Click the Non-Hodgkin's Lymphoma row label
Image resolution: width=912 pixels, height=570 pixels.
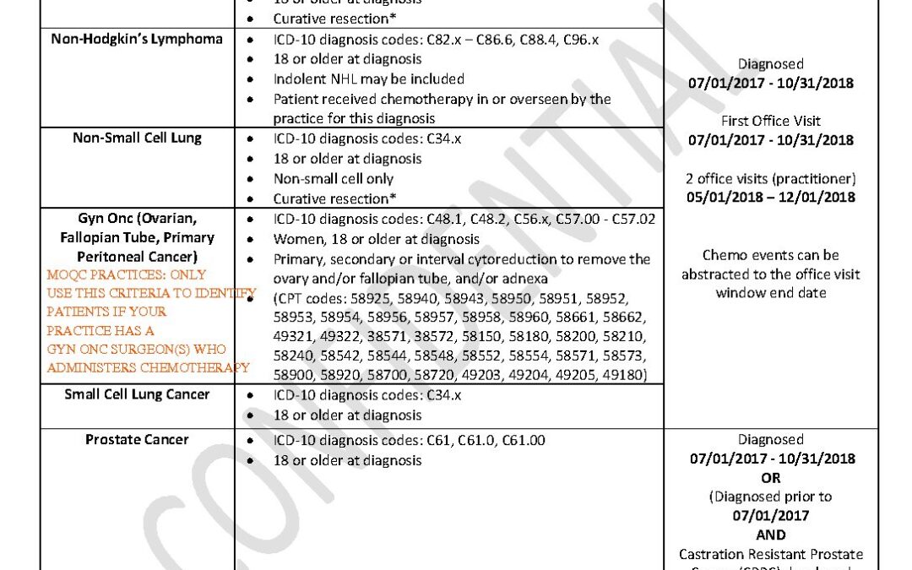pyautogui.click(x=137, y=39)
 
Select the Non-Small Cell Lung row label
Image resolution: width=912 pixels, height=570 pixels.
pyautogui.click(x=137, y=138)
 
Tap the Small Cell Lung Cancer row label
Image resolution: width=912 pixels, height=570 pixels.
pyautogui.click(x=137, y=394)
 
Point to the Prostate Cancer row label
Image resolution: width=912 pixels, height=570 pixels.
pyautogui.click(x=137, y=439)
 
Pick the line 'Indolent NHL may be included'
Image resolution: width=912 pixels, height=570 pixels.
pyautogui.click(x=368, y=79)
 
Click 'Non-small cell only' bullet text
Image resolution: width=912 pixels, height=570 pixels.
pyautogui.click(x=333, y=179)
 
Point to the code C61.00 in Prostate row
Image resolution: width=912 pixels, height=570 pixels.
pyautogui.click(x=522, y=440)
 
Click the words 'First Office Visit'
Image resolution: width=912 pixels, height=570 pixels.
pyautogui.click(x=770, y=121)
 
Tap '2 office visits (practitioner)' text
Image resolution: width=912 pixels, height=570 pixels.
pyautogui.click(x=770, y=178)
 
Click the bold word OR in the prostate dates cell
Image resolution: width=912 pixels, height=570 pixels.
pyautogui.click(x=770, y=478)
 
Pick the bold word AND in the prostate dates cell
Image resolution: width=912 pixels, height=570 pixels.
pyautogui.click(x=770, y=535)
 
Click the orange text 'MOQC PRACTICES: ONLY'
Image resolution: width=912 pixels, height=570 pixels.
pyautogui.click(x=126, y=274)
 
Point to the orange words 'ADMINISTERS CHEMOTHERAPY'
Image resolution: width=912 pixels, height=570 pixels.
pyautogui.click(x=148, y=367)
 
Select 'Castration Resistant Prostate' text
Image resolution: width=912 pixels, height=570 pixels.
pyautogui.click(x=770, y=554)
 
